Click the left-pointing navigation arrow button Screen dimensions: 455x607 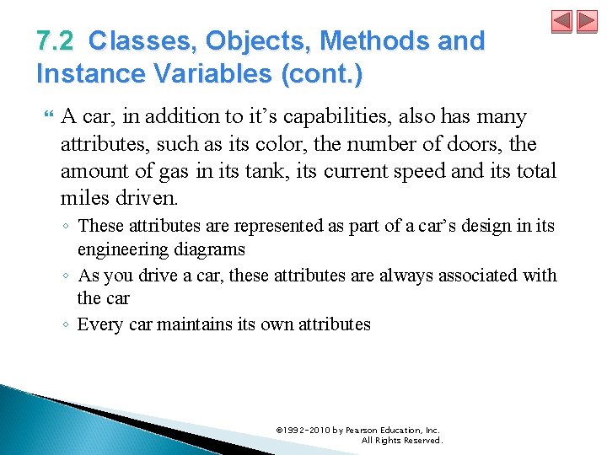point(562,22)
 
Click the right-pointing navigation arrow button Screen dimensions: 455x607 point(587,22)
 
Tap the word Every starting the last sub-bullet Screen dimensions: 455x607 point(99,324)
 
